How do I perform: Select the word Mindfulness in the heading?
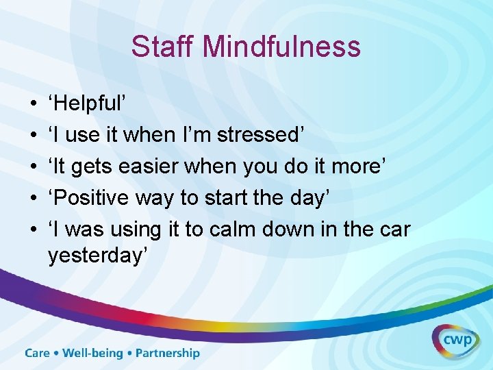[x=281, y=47]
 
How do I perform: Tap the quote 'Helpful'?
[x=86, y=104]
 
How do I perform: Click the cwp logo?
[x=455, y=340]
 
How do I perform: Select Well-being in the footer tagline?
[x=93, y=354]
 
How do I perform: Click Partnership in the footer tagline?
[x=168, y=354]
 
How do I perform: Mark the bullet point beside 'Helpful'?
[x=34, y=105]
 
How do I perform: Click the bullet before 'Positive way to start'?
[x=34, y=199]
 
